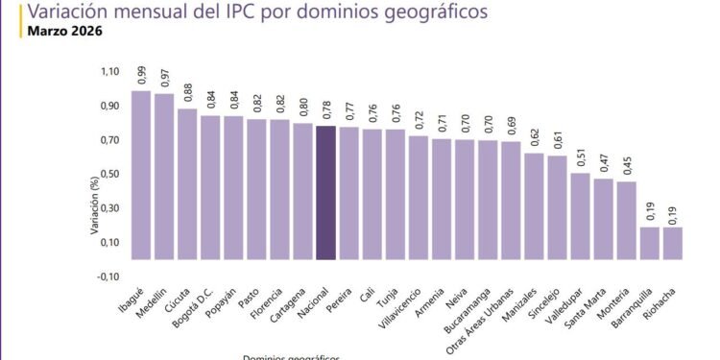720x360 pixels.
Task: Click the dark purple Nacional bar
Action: (325, 192)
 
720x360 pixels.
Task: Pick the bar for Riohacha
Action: (672, 243)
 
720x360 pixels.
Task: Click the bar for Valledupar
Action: (580, 216)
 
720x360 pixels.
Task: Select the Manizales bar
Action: (534, 206)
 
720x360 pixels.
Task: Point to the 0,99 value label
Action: (141, 75)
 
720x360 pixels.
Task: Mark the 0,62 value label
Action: (534, 138)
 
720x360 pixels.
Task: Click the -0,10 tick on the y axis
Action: (107, 276)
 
